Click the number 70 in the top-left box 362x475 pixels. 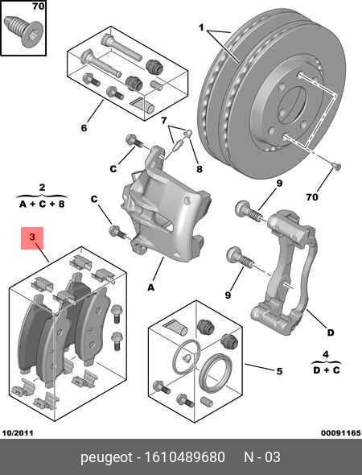click(37, 6)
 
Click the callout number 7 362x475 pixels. click(164, 121)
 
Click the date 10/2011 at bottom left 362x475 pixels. click(19, 432)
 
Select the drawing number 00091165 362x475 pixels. click(340, 432)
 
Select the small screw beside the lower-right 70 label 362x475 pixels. click(337, 167)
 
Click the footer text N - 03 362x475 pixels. click(262, 457)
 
